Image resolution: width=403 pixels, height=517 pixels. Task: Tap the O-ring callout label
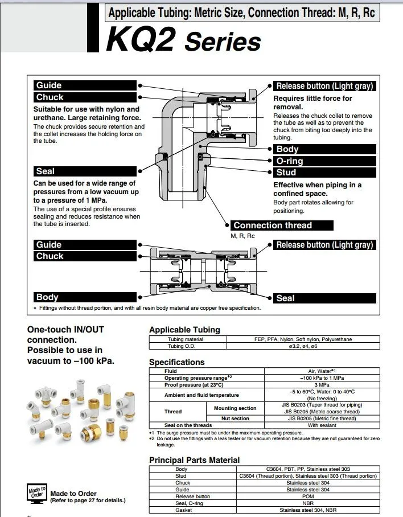[290, 161]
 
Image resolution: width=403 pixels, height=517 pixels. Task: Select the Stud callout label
[286, 173]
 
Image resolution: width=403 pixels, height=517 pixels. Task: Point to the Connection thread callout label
[273, 225]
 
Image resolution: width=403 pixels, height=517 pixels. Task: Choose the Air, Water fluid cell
[322, 371]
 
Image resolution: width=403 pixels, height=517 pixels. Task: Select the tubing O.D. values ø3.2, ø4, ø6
[302, 346]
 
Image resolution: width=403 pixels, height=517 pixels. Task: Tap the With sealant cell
[322, 425]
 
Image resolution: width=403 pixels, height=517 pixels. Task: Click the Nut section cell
[235, 418]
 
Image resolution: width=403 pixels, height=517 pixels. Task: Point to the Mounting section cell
[235, 408]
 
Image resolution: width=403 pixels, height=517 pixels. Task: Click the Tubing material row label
[186, 339]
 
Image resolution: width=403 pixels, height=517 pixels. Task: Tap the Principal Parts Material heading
[194, 459]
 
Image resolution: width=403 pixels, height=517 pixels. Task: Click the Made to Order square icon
[36, 493]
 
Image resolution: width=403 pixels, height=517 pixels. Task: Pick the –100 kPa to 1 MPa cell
[322, 378]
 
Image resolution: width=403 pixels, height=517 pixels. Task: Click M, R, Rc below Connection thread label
[242, 236]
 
